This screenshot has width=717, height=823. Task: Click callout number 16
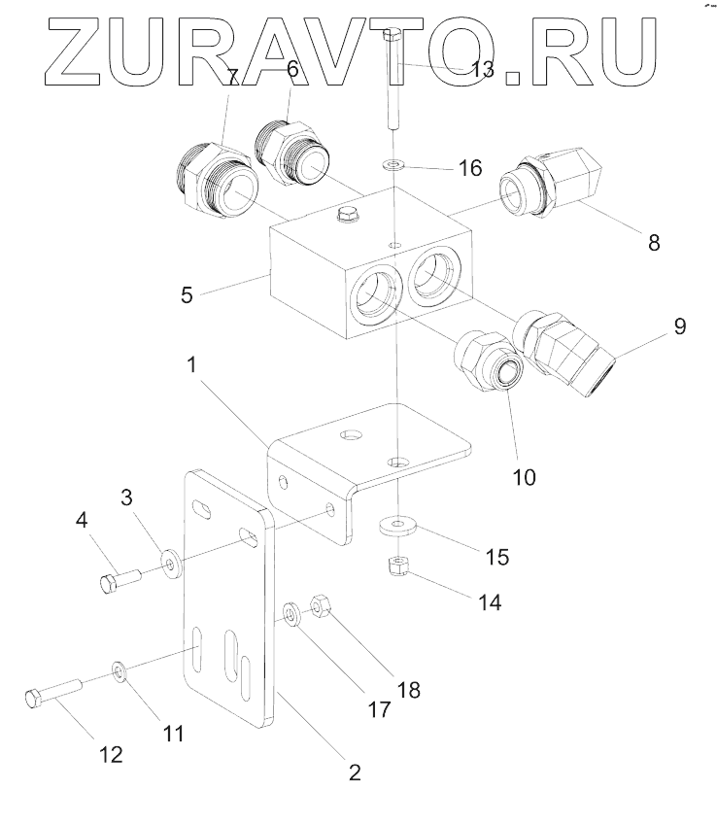[469, 168]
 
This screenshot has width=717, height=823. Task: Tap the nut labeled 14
[396, 566]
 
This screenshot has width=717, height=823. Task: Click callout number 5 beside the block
[187, 292]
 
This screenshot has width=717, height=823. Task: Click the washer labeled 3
[171, 563]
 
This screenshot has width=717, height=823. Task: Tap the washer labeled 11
[119, 670]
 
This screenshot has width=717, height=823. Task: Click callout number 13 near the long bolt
[481, 68]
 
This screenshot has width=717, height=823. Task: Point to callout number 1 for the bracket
[192, 365]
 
